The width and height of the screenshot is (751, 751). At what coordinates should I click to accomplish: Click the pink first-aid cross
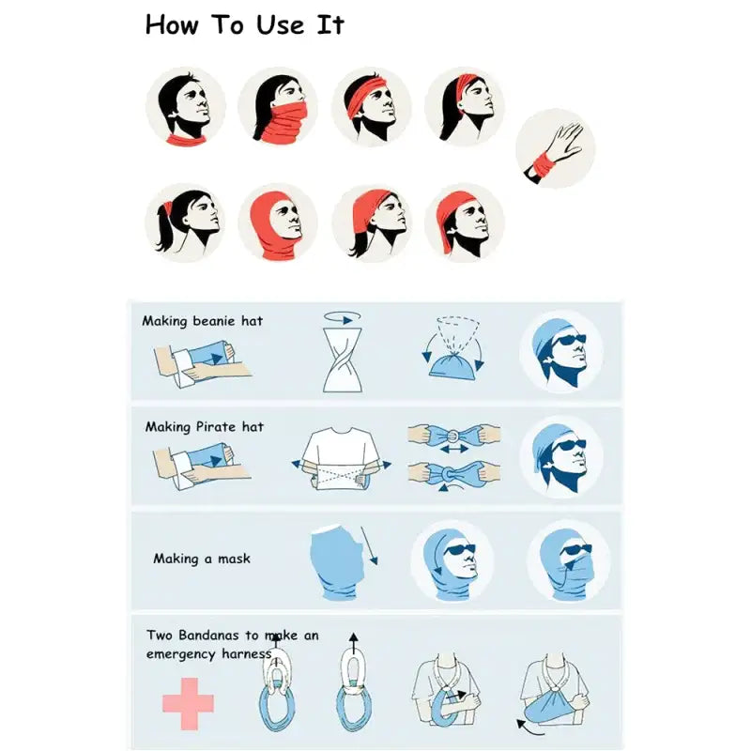[x=188, y=703]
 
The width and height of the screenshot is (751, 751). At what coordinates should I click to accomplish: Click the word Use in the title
[x=280, y=25]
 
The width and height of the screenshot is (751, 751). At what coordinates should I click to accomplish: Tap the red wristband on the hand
[x=544, y=164]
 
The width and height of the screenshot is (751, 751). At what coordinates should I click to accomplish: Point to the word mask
[x=234, y=559]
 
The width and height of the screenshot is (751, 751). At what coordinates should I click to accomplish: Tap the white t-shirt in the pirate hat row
[x=340, y=457]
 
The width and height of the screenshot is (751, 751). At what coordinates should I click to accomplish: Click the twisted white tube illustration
[x=343, y=360]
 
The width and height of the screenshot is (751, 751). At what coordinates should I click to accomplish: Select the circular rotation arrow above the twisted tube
[x=342, y=317]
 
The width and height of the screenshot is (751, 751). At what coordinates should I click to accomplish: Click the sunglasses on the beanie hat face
[x=569, y=340]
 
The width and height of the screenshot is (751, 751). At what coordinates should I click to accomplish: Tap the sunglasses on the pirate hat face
[x=569, y=445]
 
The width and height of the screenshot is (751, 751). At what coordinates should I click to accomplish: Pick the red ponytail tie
[x=168, y=208]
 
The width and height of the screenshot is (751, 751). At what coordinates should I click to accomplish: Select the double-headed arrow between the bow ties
[x=454, y=450]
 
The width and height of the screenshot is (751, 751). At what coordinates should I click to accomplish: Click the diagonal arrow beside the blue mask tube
[x=369, y=545]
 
